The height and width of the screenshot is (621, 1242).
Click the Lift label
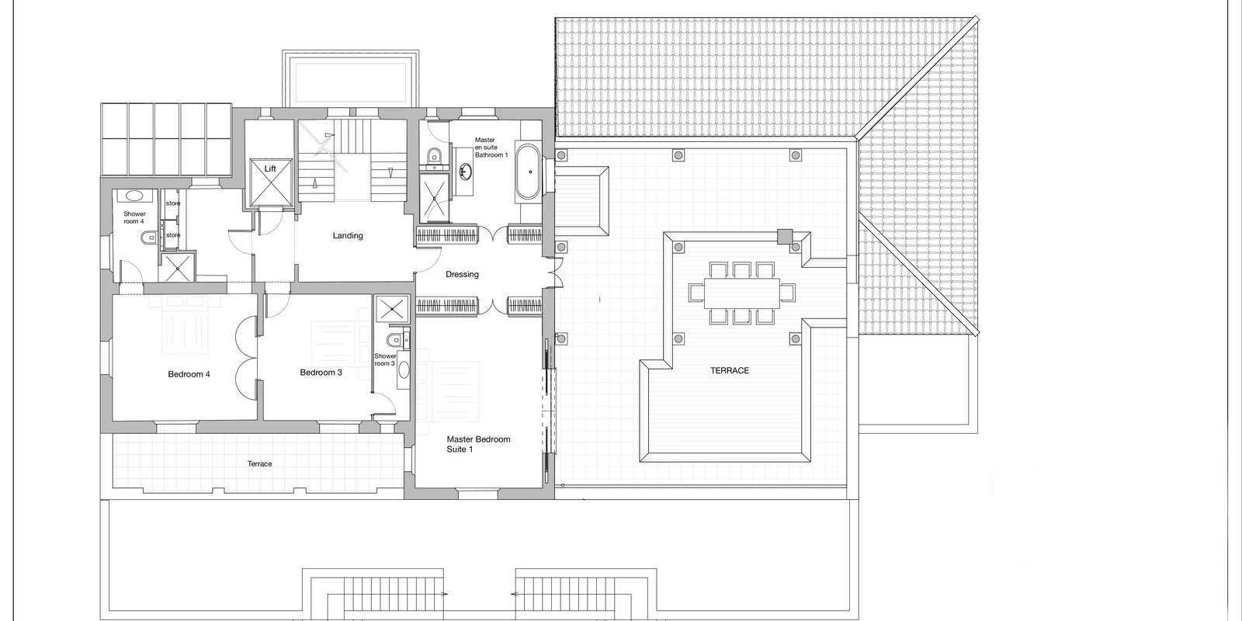click(x=270, y=168)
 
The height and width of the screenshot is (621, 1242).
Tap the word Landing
click(x=348, y=236)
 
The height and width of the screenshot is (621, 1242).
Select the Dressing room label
click(x=462, y=275)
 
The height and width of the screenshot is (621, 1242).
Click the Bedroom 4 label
click(x=189, y=374)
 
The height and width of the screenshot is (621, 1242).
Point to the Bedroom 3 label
click(x=321, y=373)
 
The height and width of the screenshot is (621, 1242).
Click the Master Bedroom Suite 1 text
click(x=478, y=444)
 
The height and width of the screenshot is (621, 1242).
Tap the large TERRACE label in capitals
click(x=730, y=370)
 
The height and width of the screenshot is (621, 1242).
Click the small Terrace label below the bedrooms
click(x=259, y=464)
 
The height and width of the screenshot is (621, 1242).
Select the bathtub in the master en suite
click(x=527, y=172)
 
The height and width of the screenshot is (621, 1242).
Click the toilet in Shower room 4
click(x=148, y=238)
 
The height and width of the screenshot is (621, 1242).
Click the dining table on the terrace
click(x=742, y=293)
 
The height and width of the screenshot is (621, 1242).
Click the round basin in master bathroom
click(x=465, y=171)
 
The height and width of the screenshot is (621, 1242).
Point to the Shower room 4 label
click(x=134, y=217)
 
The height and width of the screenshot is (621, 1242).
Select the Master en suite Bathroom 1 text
click(x=491, y=147)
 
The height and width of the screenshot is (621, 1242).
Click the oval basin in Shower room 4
click(x=133, y=196)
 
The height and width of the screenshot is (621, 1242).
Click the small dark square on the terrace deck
click(x=785, y=237)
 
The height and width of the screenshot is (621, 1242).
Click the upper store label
click(x=173, y=203)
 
